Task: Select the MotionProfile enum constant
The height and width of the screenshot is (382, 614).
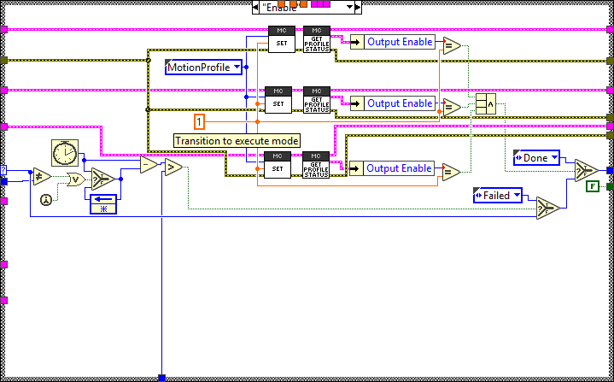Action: [x=202, y=67]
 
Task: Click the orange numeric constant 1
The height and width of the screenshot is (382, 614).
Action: [x=200, y=120]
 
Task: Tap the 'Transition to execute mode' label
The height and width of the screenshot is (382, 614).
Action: [x=236, y=140]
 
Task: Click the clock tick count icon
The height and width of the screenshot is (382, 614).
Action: [x=64, y=153]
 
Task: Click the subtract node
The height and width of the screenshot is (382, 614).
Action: [x=149, y=165]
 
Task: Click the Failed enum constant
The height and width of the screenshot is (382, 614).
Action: [x=496, y=196]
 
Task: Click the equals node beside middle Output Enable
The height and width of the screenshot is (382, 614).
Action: [x=451, y=107]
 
